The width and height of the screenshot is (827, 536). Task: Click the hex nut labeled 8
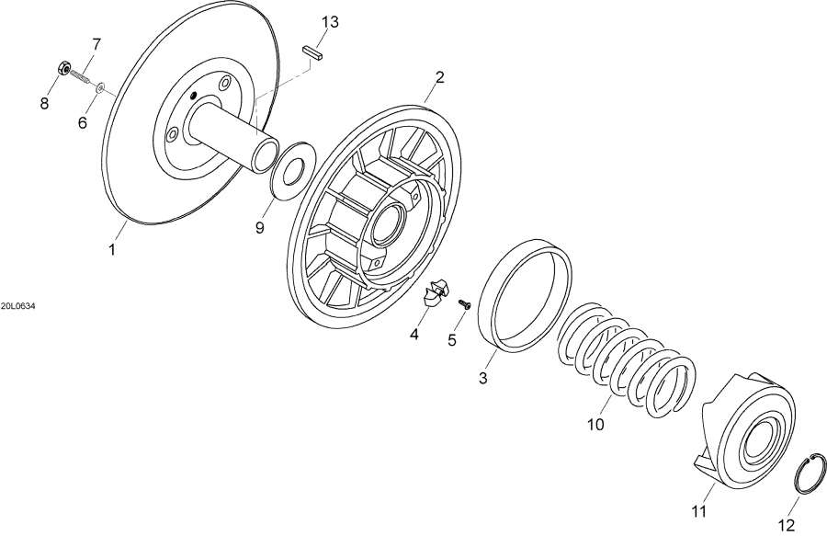pyautogui.click(x=63, y=68)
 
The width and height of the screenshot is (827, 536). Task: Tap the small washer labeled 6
pyautogui.click(x=99, y=87)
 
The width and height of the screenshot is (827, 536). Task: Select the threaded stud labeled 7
pyautogui.click(x=82, y=77)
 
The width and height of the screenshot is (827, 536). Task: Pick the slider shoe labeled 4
pyautogui.click(x=436, y=292)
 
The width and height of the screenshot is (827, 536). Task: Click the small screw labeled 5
pyautogui.click(x=465, y=304)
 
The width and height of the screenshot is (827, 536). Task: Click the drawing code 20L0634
pyautogui.click(x=18, y=306)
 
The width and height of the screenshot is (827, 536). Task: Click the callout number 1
pyautogui.click(x=111, y=249)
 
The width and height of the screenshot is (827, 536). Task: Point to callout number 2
pyautogui.click(x=439, y=77)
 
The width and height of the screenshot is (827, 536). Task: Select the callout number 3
pyautogui.click(x=483, y=378)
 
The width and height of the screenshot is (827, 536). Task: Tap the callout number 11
pyautogui.click(x=698, y=511)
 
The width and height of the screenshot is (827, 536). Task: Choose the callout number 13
pyautogui.click(x=330, y=22)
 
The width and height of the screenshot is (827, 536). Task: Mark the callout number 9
pyautogui.click(x=259, y=228)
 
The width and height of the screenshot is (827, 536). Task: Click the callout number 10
pyautogui.click(x=595, y=424)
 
